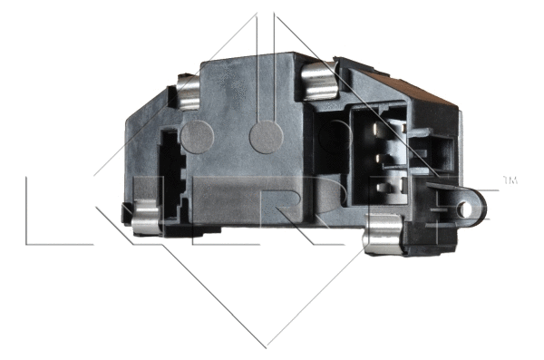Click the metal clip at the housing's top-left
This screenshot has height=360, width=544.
click(188, 92)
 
